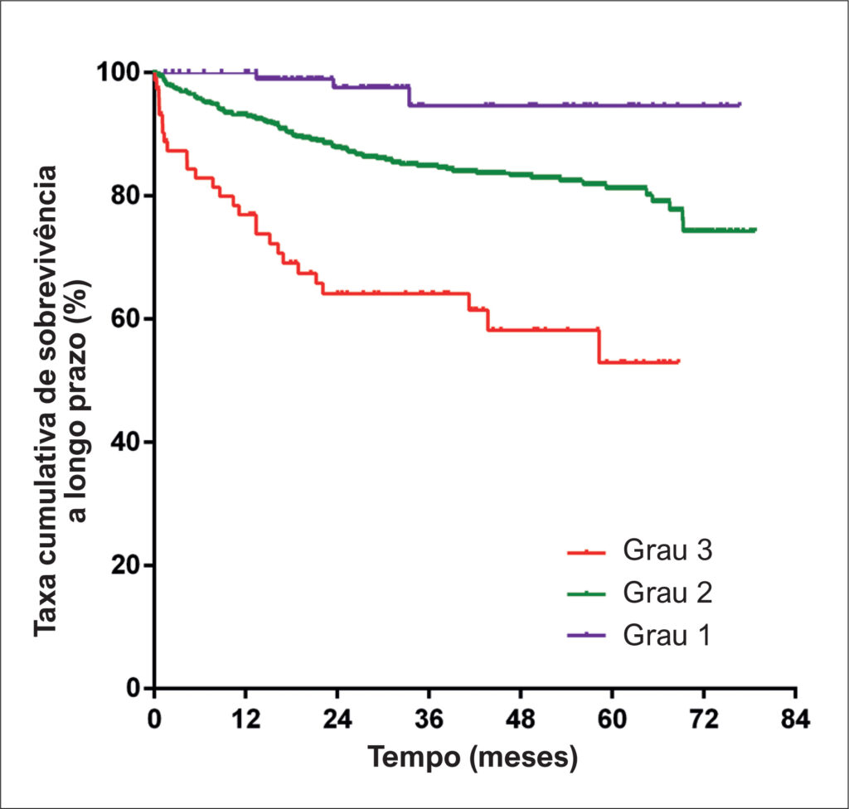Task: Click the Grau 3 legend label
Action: (x=667, y=550)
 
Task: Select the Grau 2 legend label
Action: (x=667, y=593)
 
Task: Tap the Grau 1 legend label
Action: (x=667, y=635)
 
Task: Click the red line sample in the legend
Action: (x=586, y=552)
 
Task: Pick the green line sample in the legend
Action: (x=586, y=594)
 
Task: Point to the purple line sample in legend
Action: (x=586, y=635)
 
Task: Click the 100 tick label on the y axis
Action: (x=118, y=72)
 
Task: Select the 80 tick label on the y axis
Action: (x=125, y=196)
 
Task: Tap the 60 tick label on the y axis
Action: (x=125, y=318)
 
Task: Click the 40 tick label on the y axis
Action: (x=125, y=442)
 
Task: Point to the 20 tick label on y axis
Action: (x=125, y=565)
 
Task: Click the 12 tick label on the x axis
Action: (x=245, y=719)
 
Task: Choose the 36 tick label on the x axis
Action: (x=429, y=719)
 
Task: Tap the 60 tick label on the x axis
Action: (x=613, y=719)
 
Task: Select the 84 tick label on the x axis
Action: (x=795, y=719)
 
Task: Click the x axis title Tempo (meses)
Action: (x=473, y=758)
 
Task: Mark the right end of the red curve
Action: (x=679, y=361)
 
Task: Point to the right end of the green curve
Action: (x=755, y=230)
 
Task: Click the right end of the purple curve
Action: (x=740, y=104)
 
